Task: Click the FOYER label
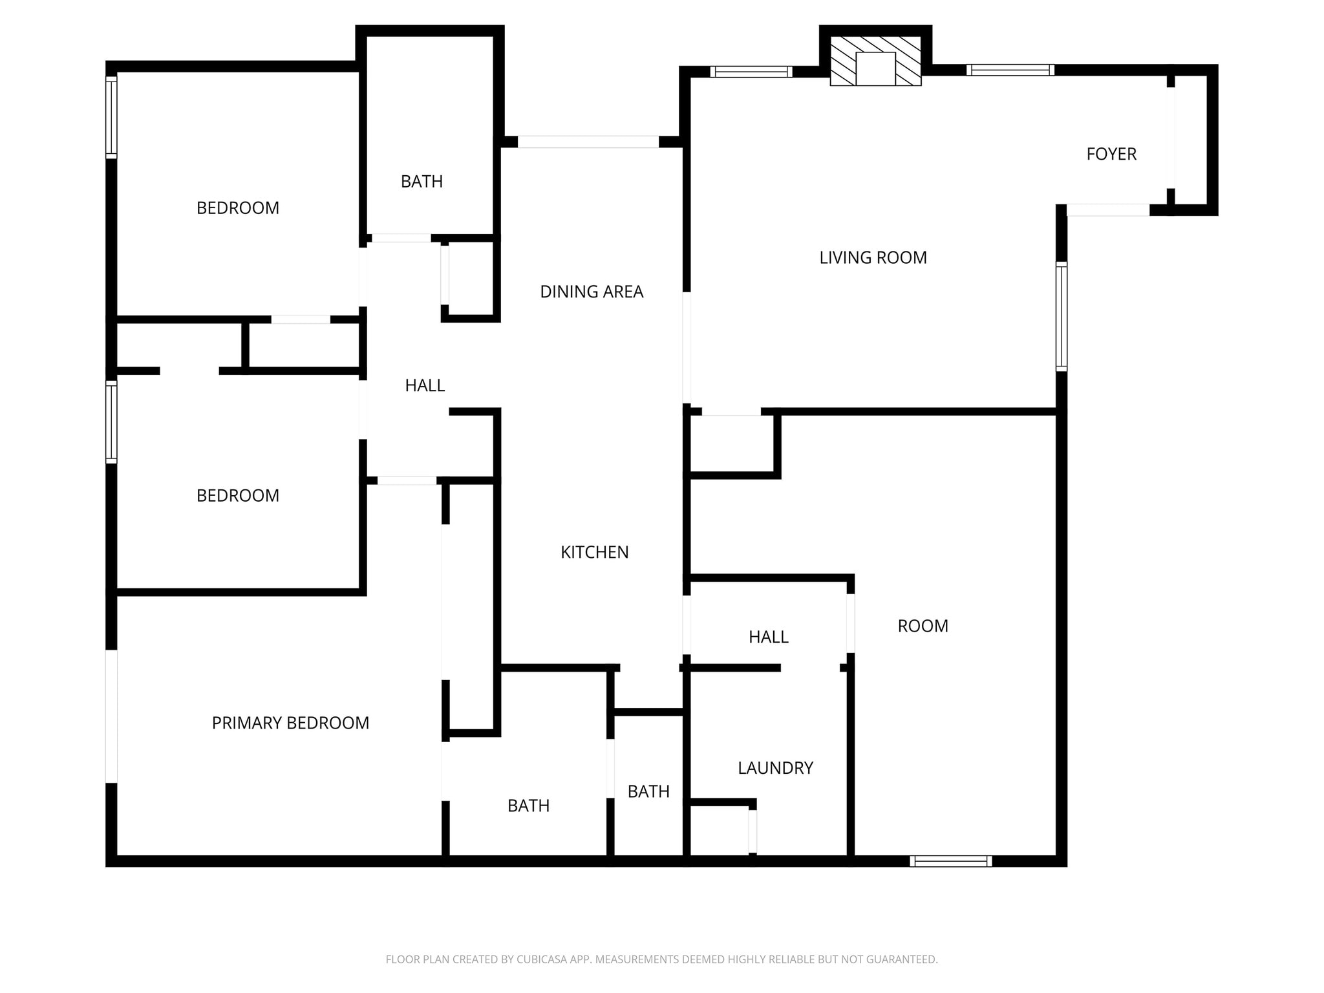[x=1111, y=154]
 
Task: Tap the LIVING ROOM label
[x=873, y=257]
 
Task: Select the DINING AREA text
[x=592, y=292]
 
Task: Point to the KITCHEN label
[x=594, y=552]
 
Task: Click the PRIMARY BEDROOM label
[x=290, y=723]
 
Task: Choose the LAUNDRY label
[x=775, y=768]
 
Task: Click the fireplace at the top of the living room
[x=875, y=61]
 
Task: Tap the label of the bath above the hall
[x=422, y=182]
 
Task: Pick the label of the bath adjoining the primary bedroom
[x=528, y=806]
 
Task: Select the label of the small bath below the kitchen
[x=648, y=791]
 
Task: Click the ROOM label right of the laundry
[x=923, y=626]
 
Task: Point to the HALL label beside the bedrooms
[x=425, y=385]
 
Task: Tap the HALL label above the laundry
[x=768, y=637]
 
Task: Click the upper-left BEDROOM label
[x=238, y=208]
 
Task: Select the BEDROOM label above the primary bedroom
[x=238, y=496]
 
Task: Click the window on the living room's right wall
[x=1061, y=316]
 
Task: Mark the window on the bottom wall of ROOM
[x=950, y=860]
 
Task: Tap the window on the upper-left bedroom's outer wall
[x=111, y=117]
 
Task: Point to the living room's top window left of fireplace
[x=751, y=72]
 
